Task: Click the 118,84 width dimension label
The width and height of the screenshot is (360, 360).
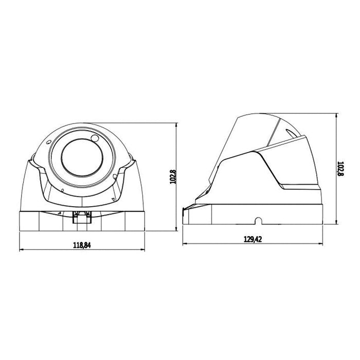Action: click(82, 245)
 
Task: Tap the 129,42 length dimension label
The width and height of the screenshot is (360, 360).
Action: click(253, 239)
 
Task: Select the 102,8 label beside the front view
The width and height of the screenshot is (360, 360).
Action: click(173, 177)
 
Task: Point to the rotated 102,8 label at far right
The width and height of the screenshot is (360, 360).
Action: click(340, 169)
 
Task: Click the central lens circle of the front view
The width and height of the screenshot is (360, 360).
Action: click(82, 158)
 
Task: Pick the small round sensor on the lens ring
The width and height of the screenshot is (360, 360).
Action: click(95, 138)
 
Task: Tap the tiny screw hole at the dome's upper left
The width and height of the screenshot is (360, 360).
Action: click(48, 142)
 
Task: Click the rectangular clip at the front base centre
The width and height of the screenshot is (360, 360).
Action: click(82, 218)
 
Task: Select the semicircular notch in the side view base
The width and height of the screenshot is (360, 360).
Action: click(259, 221)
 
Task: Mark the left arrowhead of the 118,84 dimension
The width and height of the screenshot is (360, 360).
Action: click(22, 249)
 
